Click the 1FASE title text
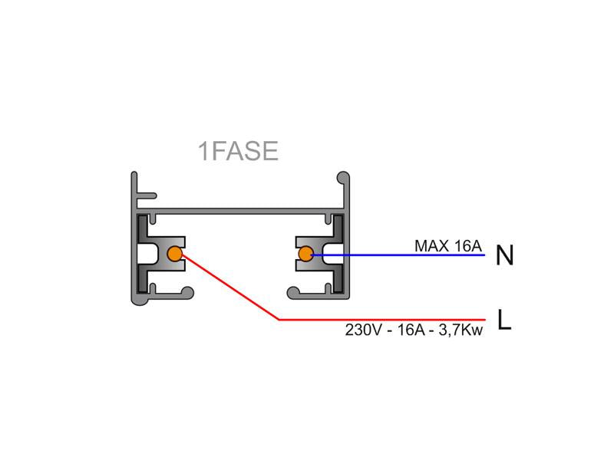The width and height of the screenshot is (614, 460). (238, 151)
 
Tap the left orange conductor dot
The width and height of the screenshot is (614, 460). (175, 254)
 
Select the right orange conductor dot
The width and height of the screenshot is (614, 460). (305, 254)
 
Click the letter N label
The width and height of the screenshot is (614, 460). (504, 255)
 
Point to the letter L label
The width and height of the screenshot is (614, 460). (504, 320)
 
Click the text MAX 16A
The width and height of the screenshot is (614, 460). (448, 246)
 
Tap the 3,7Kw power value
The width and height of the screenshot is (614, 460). (460, 330)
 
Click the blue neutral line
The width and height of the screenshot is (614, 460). (398, 255)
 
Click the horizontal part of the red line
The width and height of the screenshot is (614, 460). (381, 320)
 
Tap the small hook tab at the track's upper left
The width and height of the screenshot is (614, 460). (147, 195)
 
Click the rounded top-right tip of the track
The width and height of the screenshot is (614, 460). (343, 177)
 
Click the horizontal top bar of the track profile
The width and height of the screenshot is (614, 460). (240, 212)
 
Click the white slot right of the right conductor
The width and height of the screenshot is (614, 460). (333, 254)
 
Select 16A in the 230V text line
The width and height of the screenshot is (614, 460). (411, 330)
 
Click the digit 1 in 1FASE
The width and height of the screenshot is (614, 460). (203, 151)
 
